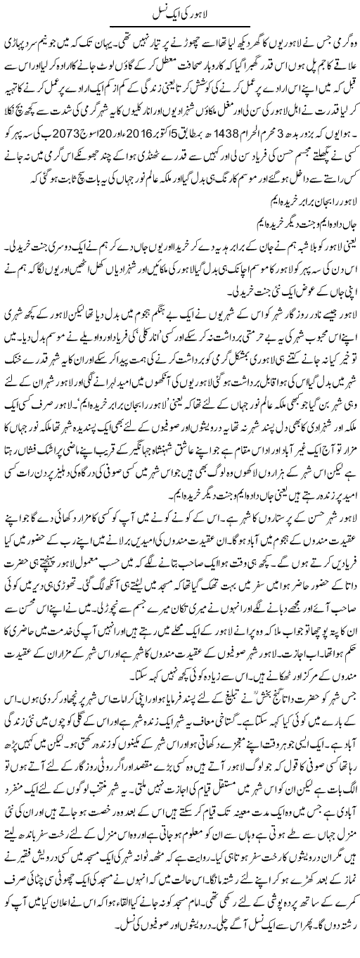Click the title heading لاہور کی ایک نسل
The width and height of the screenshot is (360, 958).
coord(180,12)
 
